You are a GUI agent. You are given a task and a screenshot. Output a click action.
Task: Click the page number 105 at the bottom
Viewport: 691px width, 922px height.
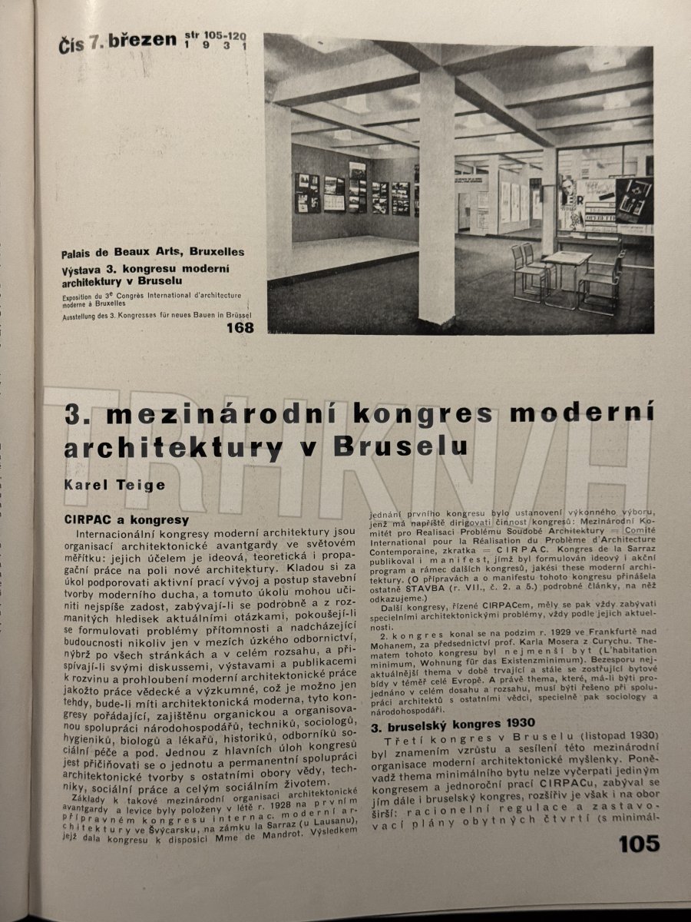click(x=638, y=844)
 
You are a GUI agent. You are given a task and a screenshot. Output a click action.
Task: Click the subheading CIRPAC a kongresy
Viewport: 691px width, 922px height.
click(x=127, y=519)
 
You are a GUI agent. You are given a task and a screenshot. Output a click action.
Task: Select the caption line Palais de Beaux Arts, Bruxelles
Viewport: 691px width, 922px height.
click(x=154, y=251)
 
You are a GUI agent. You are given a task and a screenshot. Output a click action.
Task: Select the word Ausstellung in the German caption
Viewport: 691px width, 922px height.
click(x=84, y=313)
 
